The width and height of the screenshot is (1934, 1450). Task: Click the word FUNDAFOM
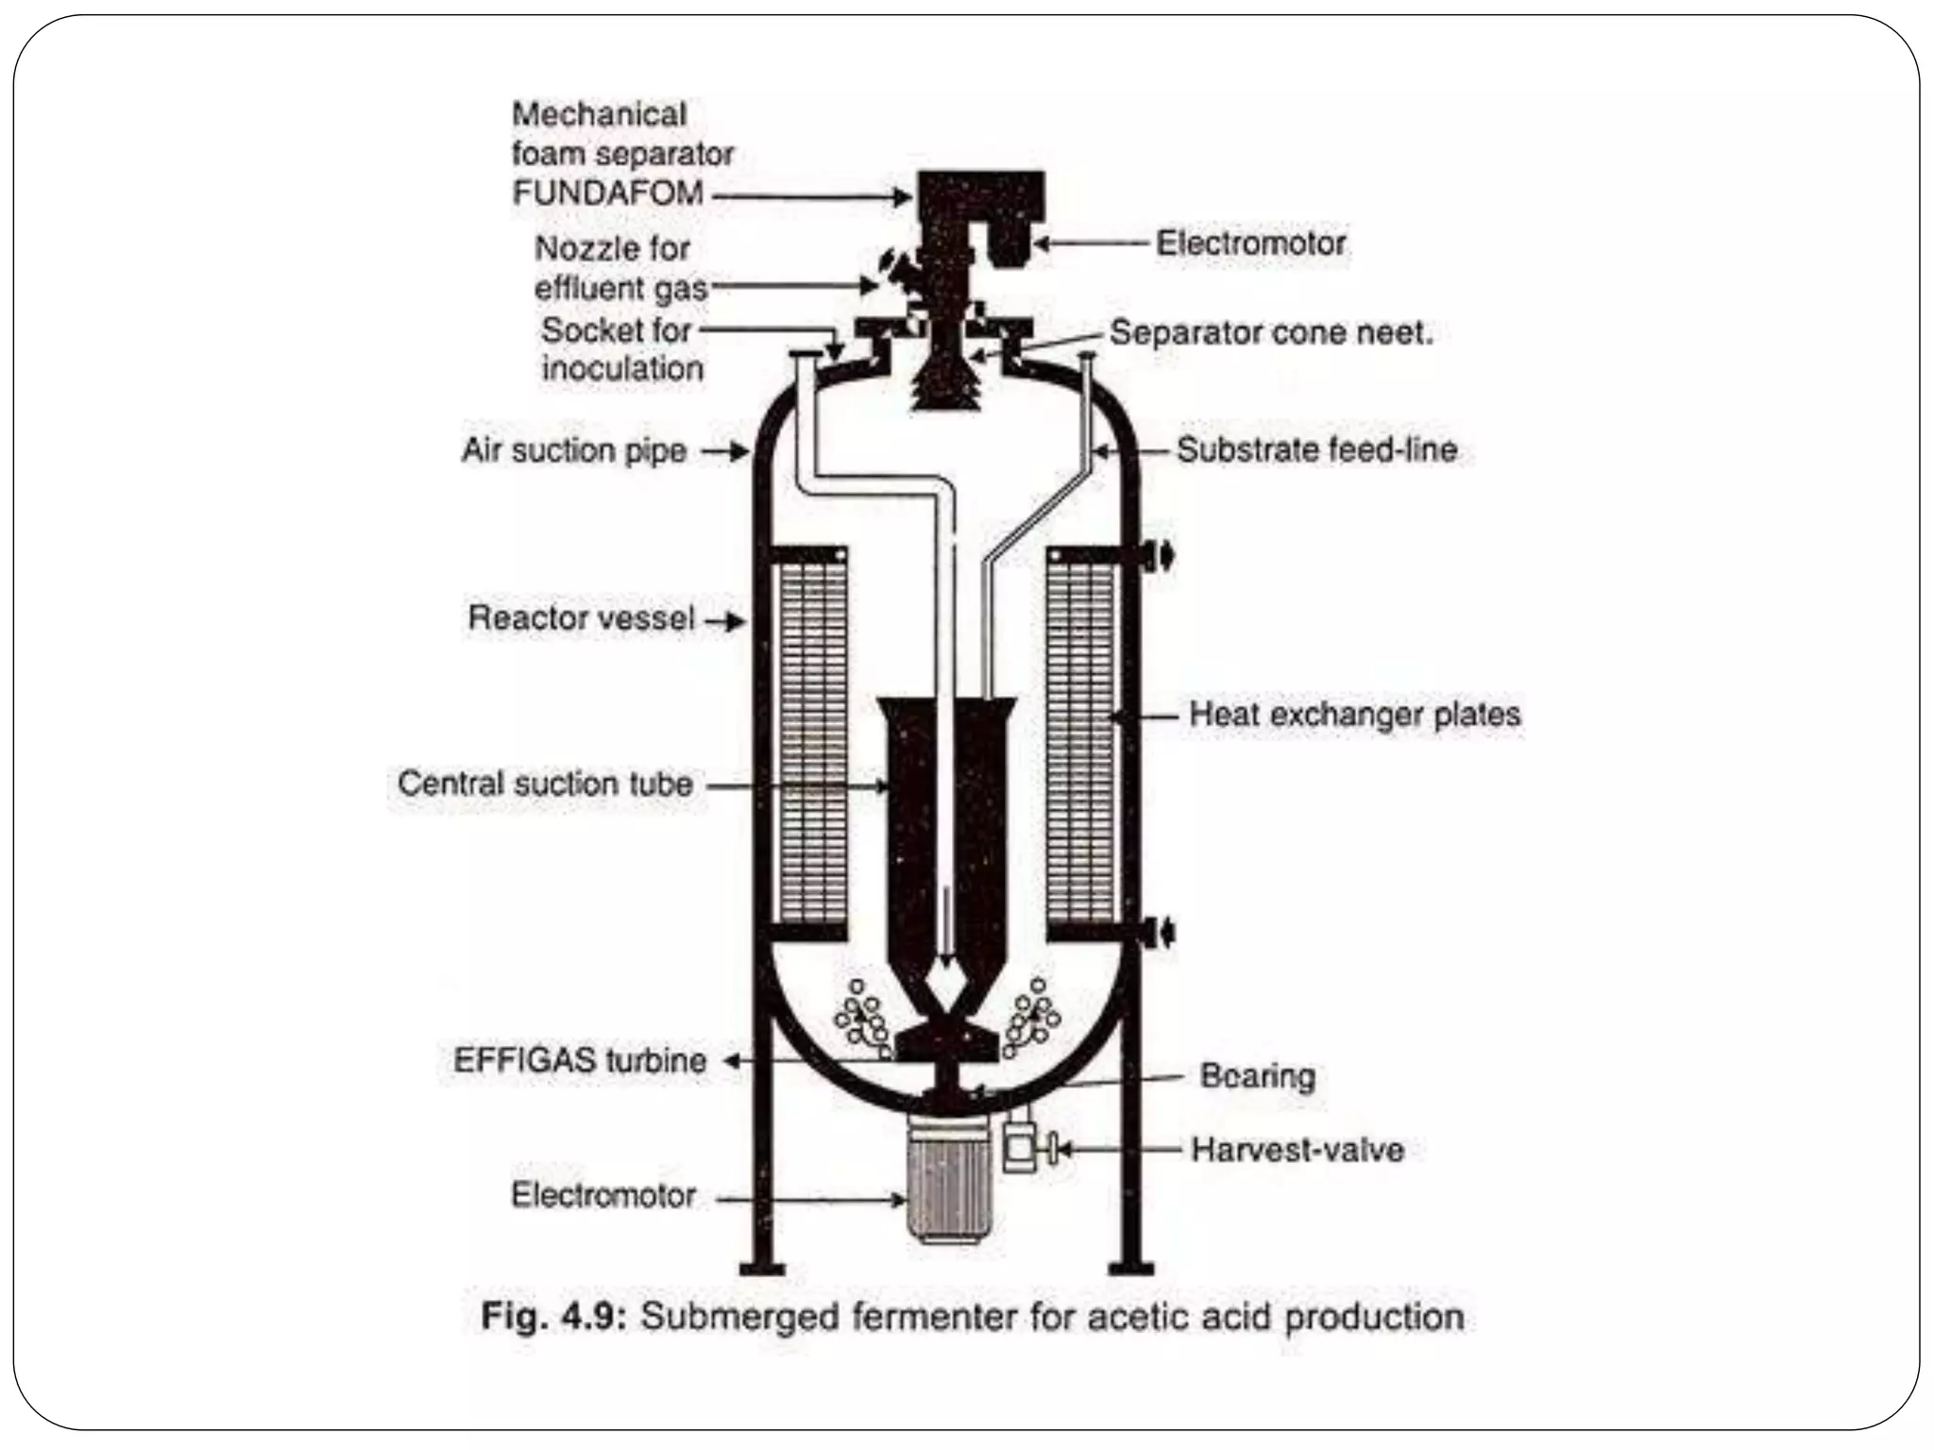pos(608,194)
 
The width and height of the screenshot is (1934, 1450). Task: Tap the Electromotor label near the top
pos(1250,244)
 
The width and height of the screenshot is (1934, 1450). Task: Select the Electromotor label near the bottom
pos(603,1195)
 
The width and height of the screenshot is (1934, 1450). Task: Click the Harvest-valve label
pos(1297,1150)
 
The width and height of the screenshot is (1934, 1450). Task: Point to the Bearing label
pos(1257,1076)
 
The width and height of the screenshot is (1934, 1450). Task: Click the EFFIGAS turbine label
pos(580,1060)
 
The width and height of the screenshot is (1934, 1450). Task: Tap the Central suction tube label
pos(545,784)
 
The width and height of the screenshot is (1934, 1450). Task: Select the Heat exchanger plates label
pos(1354,715)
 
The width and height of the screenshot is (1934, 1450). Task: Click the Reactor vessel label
pos(582,618)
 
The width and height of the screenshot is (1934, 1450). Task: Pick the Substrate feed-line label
pos(1316,450)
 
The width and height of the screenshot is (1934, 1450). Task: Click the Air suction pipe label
pos(573,450)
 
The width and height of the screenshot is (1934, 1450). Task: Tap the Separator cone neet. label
pos(1271,332)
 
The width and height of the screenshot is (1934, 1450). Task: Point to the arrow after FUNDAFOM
pos(812,196)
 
